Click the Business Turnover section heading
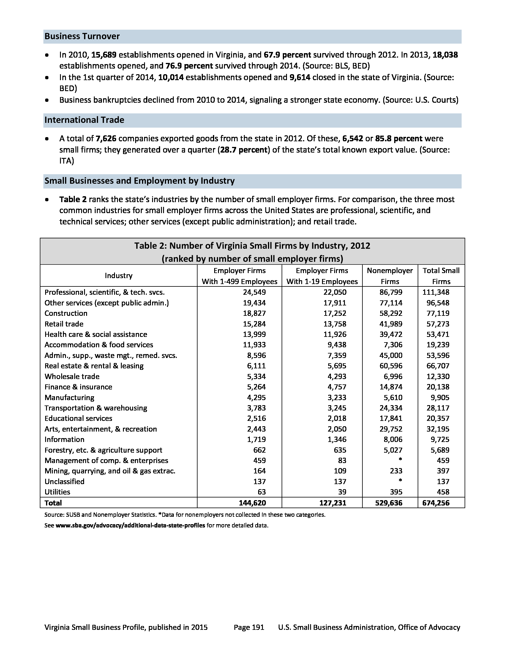(82, 37)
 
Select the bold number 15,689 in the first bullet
(103, 55)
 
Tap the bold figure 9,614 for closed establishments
(300, 77)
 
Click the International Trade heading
(84, 120)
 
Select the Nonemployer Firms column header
(389, 276)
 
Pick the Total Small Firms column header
(441, 276)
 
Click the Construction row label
(66, 313)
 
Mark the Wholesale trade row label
(72, 376)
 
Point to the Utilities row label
(57, 492)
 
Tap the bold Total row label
(53, 503)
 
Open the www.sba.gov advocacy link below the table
(130, 525)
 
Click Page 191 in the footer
(249, 627)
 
